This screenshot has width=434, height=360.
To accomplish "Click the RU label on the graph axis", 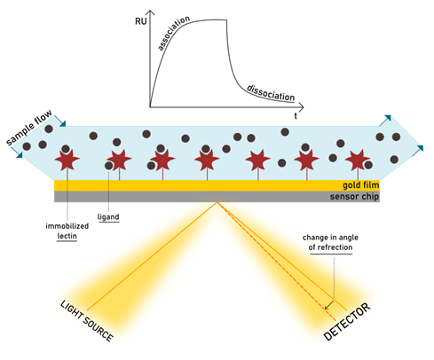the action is coord(141,21).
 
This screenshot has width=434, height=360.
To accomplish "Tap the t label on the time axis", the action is coord(296,116).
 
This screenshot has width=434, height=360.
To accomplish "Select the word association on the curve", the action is coord(173,33).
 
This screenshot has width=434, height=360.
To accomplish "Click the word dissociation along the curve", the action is coord(271,93).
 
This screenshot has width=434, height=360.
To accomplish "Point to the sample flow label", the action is coord(29,128).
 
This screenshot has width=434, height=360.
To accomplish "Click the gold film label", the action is coord(361,185).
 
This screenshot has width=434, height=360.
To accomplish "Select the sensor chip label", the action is coord(354,197).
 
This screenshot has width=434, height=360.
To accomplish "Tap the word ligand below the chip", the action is coord(108,217).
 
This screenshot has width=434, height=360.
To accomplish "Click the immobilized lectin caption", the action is coord(67,231).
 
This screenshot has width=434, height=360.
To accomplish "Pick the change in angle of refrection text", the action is coord(330,242).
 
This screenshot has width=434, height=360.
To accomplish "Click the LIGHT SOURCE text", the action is coord(87,321).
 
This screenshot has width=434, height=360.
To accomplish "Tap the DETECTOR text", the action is coord(347,322).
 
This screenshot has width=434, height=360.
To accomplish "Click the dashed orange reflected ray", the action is coord(277,262).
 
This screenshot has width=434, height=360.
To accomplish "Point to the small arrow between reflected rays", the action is coord(329,305).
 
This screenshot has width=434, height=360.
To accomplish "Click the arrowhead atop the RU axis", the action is coord(151,12).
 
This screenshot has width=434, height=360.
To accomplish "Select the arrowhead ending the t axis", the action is coord(301,106).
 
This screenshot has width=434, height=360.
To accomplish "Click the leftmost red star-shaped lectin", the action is coord(67,160).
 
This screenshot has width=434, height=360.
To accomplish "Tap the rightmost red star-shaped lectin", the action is coord(358,160).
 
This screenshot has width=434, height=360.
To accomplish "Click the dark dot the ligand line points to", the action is coord(109,166).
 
